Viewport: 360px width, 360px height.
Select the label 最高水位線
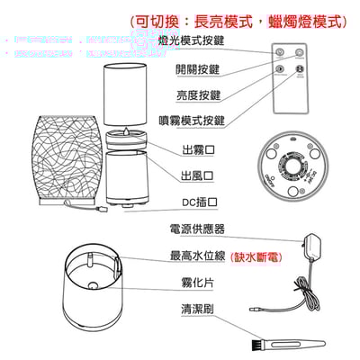[x=197, y=256]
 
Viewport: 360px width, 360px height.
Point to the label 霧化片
[x=195, y=283]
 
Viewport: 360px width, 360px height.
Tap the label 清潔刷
[x=195, y=310]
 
